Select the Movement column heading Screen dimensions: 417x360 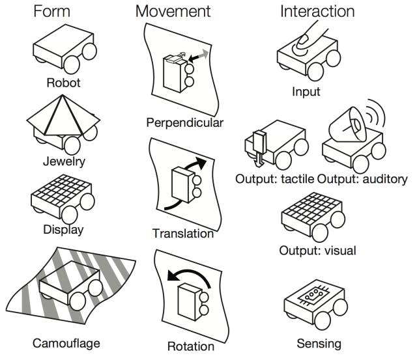[173, 11]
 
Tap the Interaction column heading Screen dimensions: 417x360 [317, 11]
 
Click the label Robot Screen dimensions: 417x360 [64, 83]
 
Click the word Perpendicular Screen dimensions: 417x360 [185, 122]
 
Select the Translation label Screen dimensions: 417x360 [183, 233]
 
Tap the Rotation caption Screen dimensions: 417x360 [190, 346]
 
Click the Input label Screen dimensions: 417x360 [306, 91]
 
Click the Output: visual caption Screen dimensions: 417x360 [317, 250]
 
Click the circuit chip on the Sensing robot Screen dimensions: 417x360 [314, 296]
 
